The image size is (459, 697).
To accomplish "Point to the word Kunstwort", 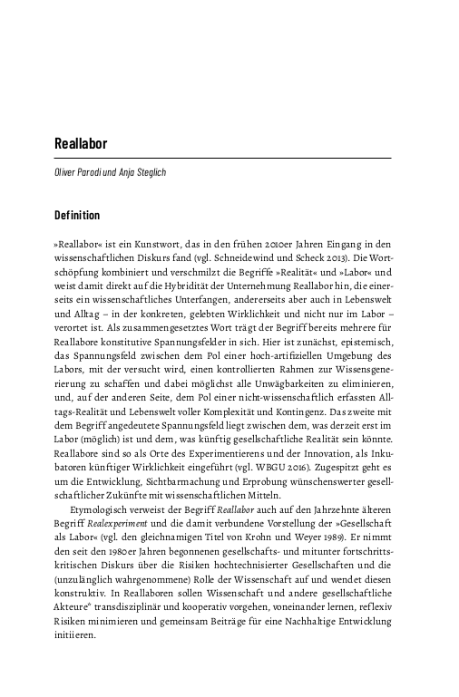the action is [170, 244].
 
